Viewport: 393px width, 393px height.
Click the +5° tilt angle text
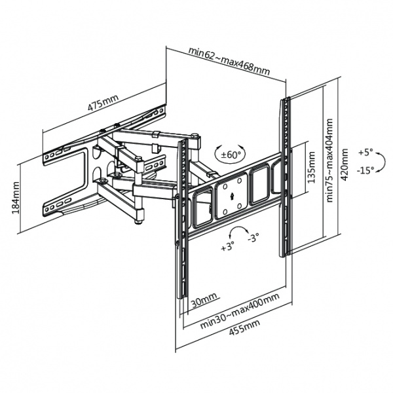coord(365,152)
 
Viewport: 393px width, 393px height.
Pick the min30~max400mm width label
coord(241,308)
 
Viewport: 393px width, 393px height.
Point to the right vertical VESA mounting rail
coord(285,177)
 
